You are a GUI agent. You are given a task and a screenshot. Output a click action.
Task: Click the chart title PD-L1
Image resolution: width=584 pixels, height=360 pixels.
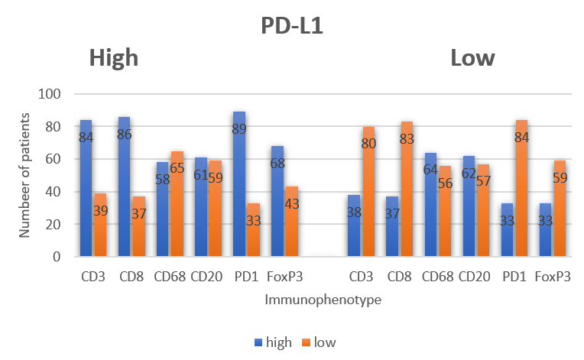[x=292, y=24]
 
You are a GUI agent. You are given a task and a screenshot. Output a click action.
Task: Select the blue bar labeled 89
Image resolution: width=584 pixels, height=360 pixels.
[x=239, y=184]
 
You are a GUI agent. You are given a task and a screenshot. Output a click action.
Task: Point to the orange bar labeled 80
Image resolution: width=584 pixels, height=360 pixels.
[x=367, y=192]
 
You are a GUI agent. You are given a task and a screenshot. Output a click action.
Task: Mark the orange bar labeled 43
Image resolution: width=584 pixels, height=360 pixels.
[x=292, y=222]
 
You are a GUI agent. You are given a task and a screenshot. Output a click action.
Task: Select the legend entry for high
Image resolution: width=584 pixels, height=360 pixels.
[x=273, y=342]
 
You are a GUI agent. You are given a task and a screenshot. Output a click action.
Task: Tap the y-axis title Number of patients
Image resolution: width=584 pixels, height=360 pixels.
[x=25, y=175]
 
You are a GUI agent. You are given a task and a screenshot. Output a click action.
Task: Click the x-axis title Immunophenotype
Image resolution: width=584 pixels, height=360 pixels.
[x=323, y=300]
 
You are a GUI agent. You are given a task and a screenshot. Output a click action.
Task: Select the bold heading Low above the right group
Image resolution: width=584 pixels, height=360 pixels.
[x=472, y=58]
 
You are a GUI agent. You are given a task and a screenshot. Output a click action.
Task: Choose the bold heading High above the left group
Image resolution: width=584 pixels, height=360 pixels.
[x=114, y=58]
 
